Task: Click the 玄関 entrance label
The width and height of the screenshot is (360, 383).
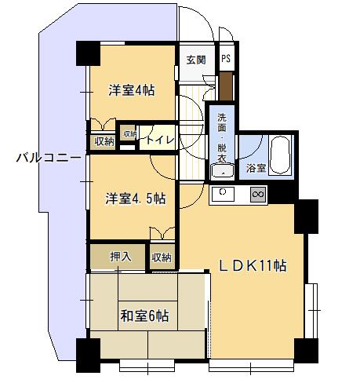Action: tap(196, 60)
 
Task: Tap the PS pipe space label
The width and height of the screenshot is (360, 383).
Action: tap(226, 58)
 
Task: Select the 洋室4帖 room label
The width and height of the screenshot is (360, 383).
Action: tap(132, 90)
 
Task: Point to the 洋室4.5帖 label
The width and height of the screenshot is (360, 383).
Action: tap(136, 199)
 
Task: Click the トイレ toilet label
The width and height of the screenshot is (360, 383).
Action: tap(160, 140)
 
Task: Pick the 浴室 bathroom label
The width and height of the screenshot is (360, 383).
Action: tap(256, 168)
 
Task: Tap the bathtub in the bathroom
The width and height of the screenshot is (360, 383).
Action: tap(280, 155)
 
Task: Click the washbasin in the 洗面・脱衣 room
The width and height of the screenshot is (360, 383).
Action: tap(222, 172)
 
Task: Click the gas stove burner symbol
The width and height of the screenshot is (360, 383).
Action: tap(258, 195)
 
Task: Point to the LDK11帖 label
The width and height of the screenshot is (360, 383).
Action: tap(253, 265)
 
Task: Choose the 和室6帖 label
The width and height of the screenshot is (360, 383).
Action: tap(144, 316)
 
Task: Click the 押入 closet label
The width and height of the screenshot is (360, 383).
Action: tap(120, 257)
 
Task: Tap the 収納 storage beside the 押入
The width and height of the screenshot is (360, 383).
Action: tap(162, 257)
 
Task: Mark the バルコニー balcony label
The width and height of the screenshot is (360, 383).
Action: tap(49, 158)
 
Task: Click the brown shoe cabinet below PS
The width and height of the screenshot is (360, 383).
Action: tap(226, 86)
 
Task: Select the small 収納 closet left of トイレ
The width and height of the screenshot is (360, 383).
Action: tap(129, 134)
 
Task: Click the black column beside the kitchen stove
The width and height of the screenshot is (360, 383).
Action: tap(306, 217)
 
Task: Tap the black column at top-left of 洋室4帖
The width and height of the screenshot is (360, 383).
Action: tap(88, 53)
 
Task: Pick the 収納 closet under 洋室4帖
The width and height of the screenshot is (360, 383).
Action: tap(104, 142)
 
